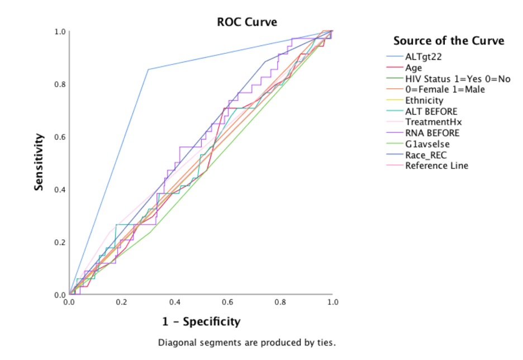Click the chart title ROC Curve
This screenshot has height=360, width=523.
tap(247, 22)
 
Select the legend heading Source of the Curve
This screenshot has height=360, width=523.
tap(449, 41)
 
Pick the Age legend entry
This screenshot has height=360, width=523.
tap(414, 68)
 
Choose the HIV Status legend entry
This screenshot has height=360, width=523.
tap(458, 79)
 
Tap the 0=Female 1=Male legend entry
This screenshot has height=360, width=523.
tap(445, 89)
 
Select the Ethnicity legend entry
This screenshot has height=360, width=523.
tap(424, 101)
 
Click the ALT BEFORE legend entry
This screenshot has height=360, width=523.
tap(431, 111)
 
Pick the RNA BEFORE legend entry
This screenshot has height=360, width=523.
tap(432, 133)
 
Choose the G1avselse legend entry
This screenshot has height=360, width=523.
tap(427, 144)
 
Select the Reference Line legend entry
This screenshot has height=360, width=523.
tap(436, 165)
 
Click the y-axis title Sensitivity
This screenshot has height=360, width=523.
tap(39, 162)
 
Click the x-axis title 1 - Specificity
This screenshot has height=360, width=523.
tap(201, 321)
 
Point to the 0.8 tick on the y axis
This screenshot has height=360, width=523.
tap(59, 84)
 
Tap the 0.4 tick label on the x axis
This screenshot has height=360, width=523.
tap(175, 302)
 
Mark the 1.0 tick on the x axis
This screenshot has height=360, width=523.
tap(332, 302)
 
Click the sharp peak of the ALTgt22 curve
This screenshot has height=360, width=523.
tap(148, 69)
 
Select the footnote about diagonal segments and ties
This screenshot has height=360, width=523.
tap(247, 342)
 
